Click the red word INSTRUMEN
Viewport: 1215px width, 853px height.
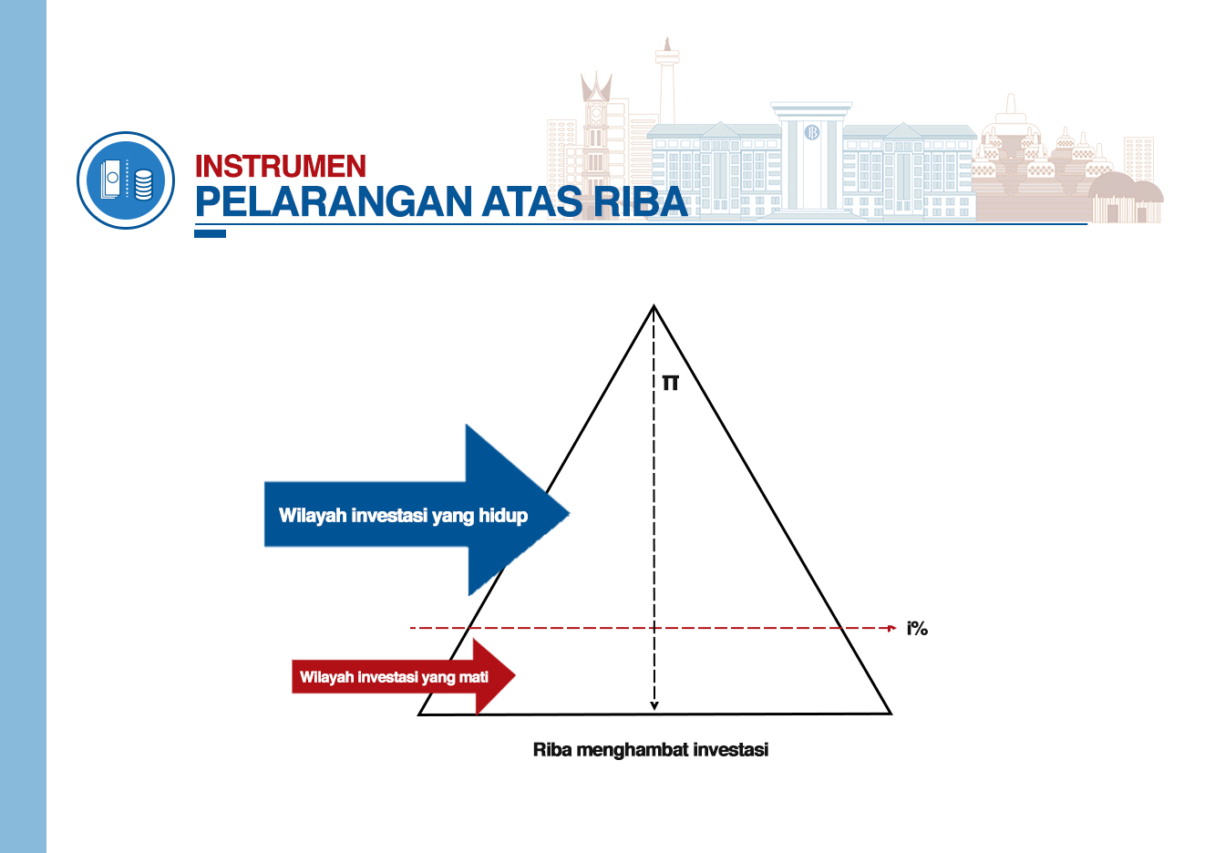pyautogui.click(x=281, y=166)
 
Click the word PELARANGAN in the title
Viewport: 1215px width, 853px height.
pyautogui.click(x=334, y=201)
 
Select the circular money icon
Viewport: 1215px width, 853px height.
pyautogui.click(x=126, y=180)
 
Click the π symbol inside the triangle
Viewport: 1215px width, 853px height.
pyautogui.click(x=671, y=383)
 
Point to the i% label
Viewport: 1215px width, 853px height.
pyautogui.click(x=917, y=629)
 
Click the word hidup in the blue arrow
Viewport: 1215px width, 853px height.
pyautogui.click(x=503, y=515)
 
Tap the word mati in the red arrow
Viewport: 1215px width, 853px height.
pyautogui.click(x=474, y=677)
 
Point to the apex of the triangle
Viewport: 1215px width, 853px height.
pyautogui.click(x=654, y=306)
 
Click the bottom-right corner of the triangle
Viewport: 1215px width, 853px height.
pyautogui.click(x=891, y=714)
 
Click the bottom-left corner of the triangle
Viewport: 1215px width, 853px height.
pyautogui.click(x=418, y=714)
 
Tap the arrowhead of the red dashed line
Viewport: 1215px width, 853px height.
pyautogui.click(x=892, y=628)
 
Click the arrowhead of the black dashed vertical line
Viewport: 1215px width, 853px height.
pyautogui.click(x=654, y=706)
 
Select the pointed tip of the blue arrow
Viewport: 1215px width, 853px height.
pyautogui.click(x=570, y=512)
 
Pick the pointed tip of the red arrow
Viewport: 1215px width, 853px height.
pyautogui.click(x=515, y=675)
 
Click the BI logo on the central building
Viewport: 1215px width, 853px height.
pyautogui.click(x=811, y=132)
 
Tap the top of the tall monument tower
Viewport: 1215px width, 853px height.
pyautogui.click(x=666, y=39)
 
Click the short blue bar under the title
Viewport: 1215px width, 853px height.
pyautogui.click(x=210, y=233)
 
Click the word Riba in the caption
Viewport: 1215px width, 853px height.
pyautogui.click(x=552, y=750)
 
